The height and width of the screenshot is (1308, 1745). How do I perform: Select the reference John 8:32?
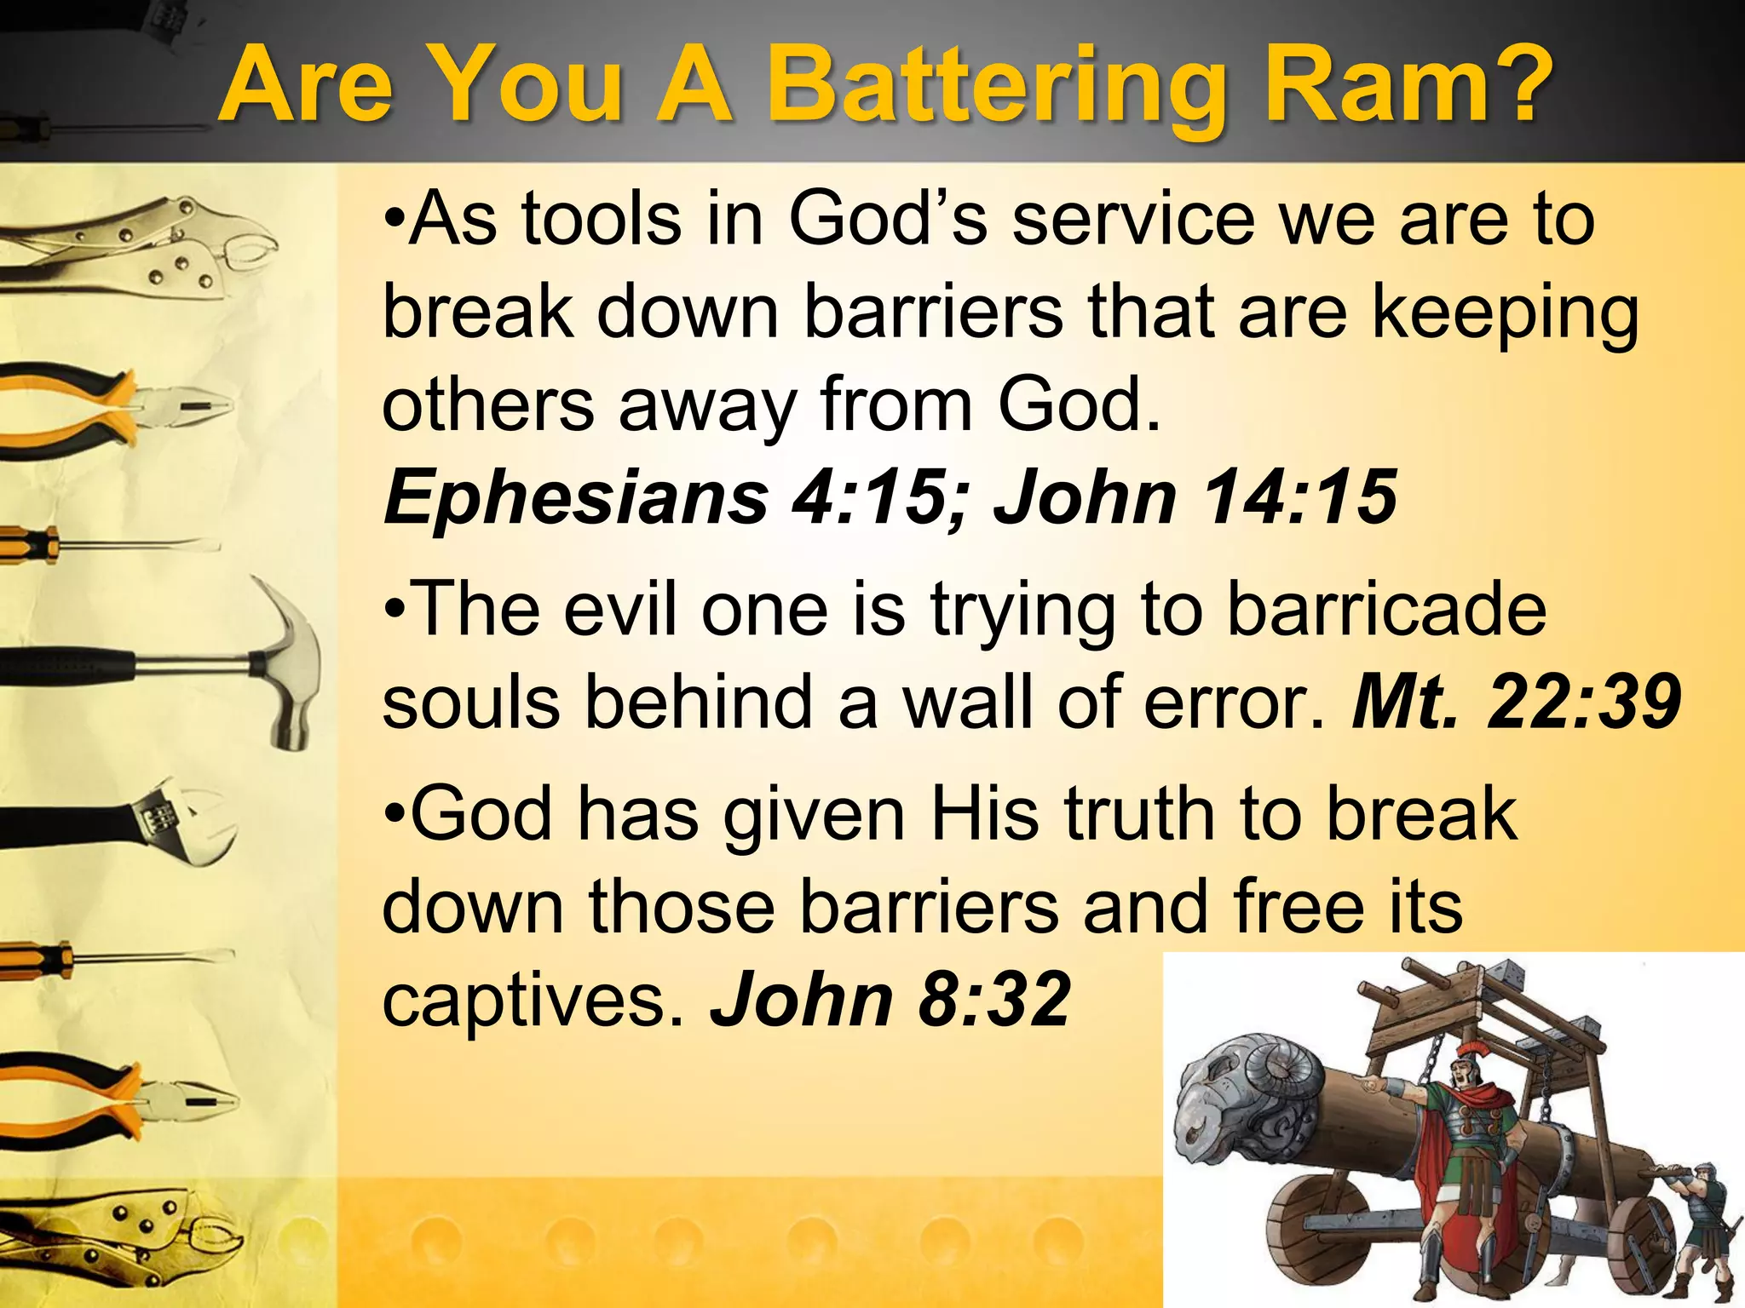tap(891, 1000)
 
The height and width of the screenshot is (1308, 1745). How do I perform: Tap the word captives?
tap(533, 1000)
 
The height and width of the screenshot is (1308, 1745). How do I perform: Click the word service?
tap(1133, 220)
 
